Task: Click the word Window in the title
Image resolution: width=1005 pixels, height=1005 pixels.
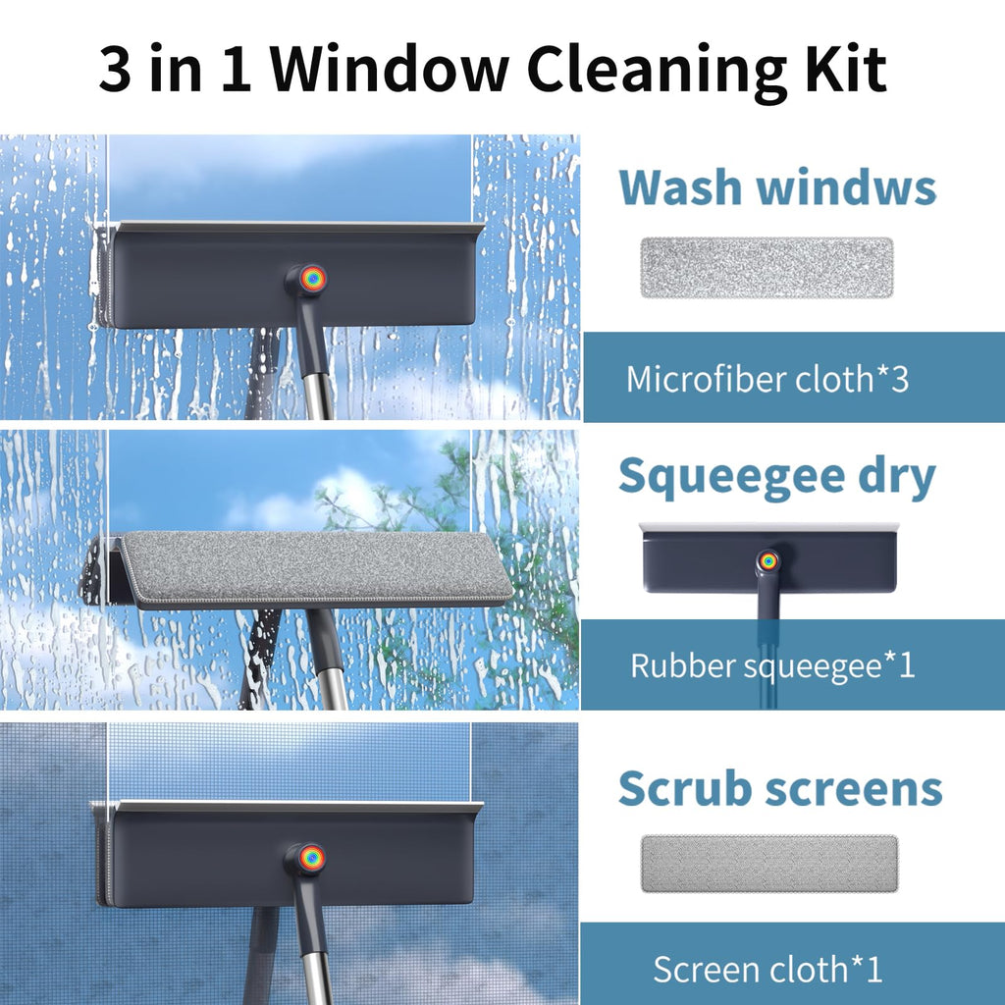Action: pyautogui.click(x=389, y=69)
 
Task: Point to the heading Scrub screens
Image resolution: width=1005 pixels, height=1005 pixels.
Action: pyautogui.click(x=780, y=788)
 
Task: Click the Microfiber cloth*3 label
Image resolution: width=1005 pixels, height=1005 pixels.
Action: pyautogui.click(x=767, y=379)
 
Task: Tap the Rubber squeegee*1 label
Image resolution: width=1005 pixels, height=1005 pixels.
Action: pyautogui.click(x=772, y=665)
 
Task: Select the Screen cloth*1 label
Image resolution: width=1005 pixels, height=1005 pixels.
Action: pyautogui.click(x=767, y=969)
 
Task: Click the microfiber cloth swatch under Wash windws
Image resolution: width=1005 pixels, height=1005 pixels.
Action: pyautogui.click(x=767, y=267)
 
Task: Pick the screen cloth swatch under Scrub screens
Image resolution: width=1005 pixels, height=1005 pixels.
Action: pyautogui.click(x=769, y=864)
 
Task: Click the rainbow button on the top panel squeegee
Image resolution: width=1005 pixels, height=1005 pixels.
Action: pyautogui.click(x=313, y=279)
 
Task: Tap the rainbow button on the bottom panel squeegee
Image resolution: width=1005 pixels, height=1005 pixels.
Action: pyautogui.click(x=313, y=856)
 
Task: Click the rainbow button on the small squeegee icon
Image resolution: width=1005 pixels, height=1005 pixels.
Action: pyautogui.click(x=767, y=561)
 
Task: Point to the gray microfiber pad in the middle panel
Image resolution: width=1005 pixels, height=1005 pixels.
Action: pyautogui.click(x=314, y=567)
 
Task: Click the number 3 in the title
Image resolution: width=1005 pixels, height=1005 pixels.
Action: pyautogui.click(x=116, y=69)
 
